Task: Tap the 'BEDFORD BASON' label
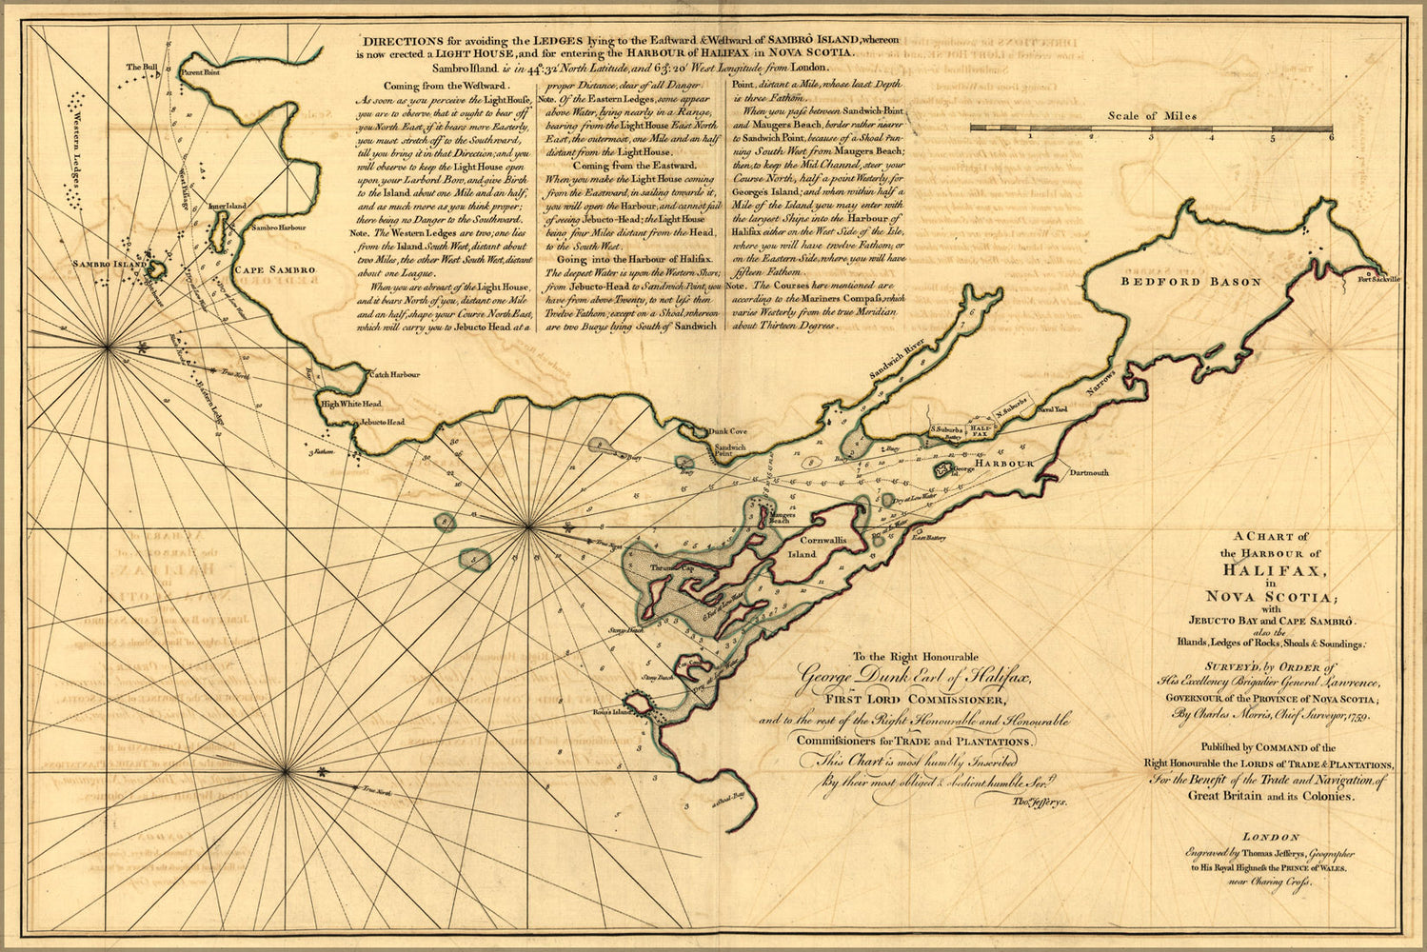click(x=1190, y=282)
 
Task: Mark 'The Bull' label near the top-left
click(x=142, y=66)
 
